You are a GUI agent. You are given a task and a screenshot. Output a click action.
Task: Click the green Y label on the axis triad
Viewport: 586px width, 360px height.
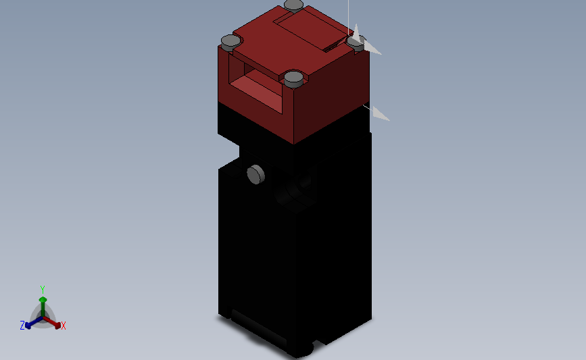click(43, 288)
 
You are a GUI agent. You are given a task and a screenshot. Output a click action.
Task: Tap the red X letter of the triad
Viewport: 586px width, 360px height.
click(63, 326)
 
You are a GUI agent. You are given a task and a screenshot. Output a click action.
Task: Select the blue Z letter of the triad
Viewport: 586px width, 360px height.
click(22, 326)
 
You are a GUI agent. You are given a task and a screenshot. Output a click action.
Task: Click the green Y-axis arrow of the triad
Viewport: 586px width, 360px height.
click(43, 301)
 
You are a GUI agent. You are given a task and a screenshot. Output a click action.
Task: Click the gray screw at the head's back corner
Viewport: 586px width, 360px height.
click(294, 5)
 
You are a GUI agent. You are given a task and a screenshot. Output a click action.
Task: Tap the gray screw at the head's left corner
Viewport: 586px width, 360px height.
click(230, 42)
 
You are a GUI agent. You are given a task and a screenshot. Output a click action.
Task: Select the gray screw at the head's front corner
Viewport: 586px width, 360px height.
click(293, 78)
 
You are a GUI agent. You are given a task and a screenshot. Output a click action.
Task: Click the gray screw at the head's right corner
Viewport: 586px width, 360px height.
click(356, 41)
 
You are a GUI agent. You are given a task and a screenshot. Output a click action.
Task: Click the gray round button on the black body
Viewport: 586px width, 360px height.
click(255, 174)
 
